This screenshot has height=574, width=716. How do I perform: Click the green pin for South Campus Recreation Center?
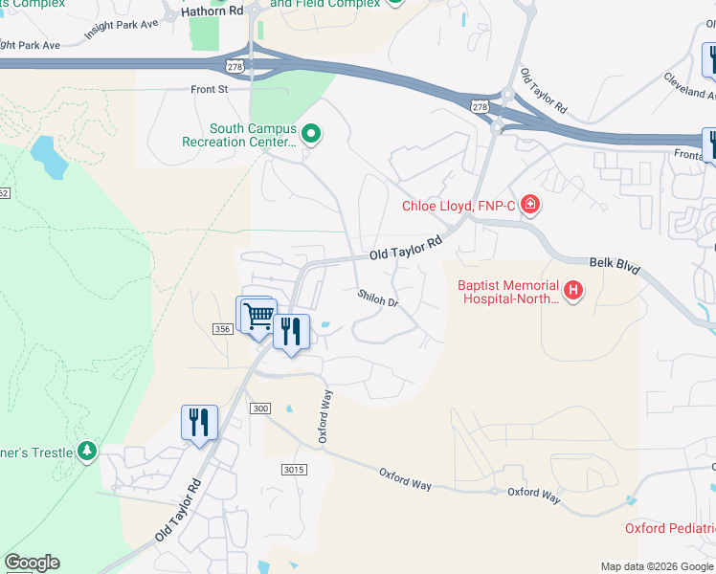pos(310,134)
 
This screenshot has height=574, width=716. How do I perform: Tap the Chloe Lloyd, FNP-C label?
pos(459,206)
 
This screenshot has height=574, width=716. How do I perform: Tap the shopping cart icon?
pos(257,316)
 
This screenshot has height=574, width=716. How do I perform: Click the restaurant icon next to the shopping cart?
pos(291,332)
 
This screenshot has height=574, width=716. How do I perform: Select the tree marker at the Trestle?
pos(87,450)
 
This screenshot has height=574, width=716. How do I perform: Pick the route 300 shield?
pos(259,408)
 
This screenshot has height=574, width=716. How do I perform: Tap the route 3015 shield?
pos(294,469)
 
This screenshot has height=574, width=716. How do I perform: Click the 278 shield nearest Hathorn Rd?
pos(235,65)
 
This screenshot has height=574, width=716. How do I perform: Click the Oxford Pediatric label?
pos(669,528)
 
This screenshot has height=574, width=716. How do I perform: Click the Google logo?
pos(32,563)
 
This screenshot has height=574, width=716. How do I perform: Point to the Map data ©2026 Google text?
pos(657,566)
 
